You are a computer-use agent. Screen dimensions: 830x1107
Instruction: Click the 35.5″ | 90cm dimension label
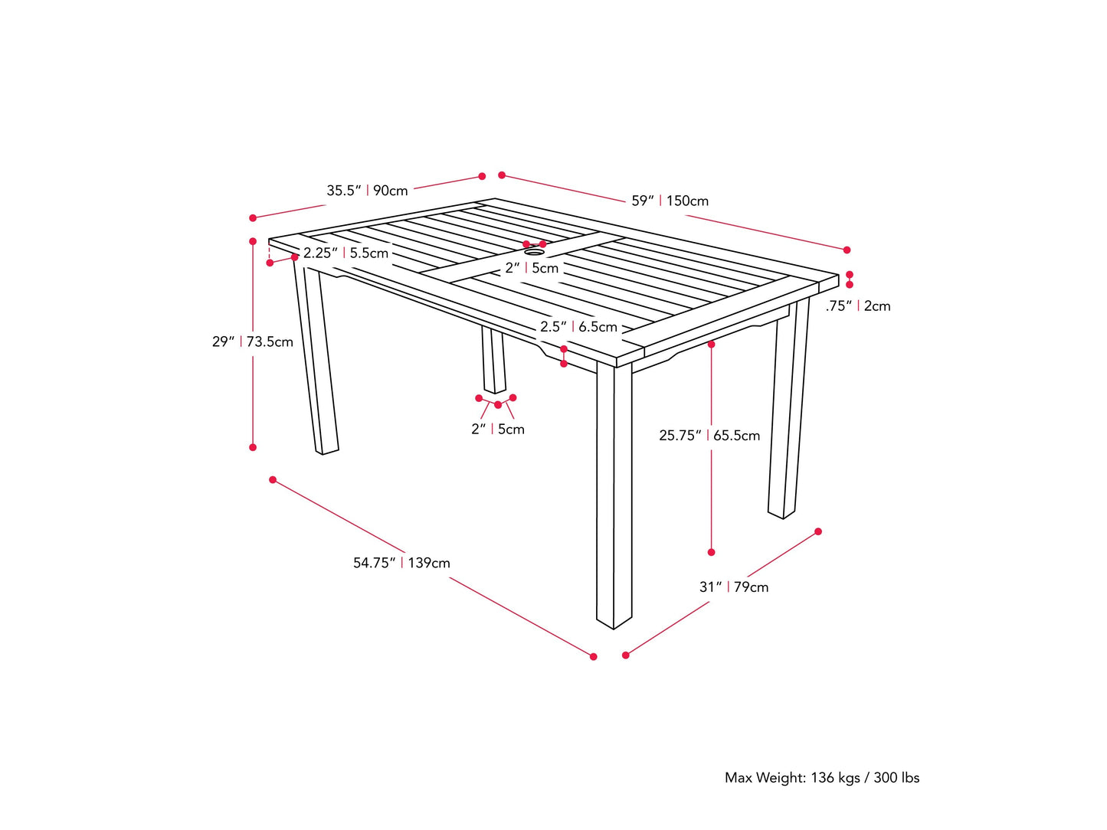pos(367,190)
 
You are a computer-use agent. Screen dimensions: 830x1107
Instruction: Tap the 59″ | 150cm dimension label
pos(670,201)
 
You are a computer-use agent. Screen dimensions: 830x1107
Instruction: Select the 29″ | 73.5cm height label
pos(252,341)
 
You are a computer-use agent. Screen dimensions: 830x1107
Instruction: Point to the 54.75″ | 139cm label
pos(401,563)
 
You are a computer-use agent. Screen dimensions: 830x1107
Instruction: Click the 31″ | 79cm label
pos(733,587)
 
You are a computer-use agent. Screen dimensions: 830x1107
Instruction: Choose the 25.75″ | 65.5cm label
pos(709,435)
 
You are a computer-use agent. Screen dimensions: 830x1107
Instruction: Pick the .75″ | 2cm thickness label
pos(857,306)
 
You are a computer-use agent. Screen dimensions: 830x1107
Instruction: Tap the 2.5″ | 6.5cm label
pos(578,327)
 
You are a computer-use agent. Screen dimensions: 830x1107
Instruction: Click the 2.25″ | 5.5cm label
pos(346,253)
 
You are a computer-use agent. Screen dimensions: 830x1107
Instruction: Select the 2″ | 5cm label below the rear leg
pos(497,429)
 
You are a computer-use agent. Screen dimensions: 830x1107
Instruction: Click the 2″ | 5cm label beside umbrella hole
pos(532,268)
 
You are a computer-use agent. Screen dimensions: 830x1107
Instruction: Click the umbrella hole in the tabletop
pos(534,251)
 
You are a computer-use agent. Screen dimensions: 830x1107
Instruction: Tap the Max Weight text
pos(821,777)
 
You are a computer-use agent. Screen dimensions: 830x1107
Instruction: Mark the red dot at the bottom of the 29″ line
pos(253,447)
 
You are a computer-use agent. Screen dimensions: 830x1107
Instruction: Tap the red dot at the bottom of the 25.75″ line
pos(712,552)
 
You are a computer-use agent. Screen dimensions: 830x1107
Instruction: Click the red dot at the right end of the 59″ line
pos(847,250)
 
